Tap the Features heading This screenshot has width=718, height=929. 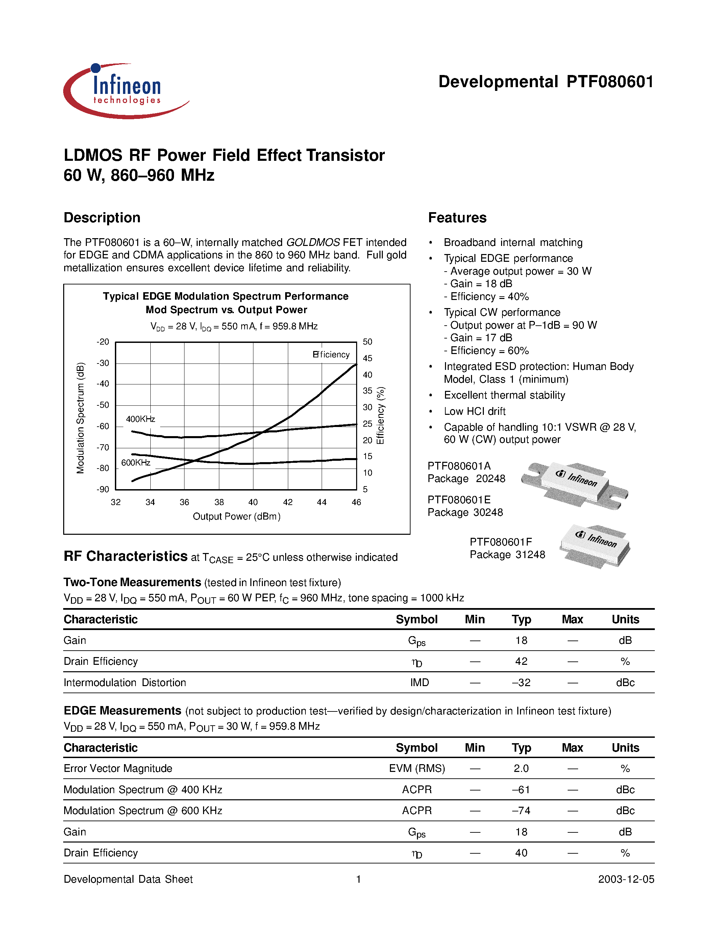457,218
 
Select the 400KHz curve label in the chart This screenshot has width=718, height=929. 140,419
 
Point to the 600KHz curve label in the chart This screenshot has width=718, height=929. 136,462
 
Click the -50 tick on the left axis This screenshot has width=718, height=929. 103,405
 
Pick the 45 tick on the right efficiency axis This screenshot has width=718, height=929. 368,358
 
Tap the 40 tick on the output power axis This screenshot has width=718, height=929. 253,502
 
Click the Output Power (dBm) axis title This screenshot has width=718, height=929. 237,517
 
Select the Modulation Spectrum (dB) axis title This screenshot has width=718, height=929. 80,418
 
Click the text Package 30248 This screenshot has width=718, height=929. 465,512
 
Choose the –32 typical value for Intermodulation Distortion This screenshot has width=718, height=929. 521,683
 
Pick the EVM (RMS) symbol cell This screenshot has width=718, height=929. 417,769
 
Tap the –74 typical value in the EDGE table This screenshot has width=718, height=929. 521,811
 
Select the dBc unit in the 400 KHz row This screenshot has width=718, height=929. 625,790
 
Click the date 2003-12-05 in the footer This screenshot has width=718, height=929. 626,879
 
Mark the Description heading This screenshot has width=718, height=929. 102,218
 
